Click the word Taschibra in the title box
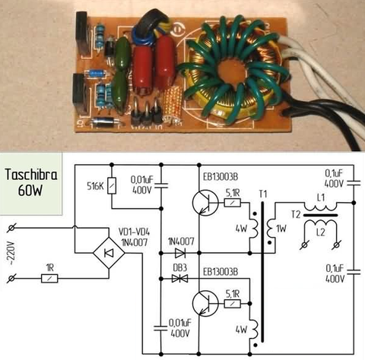[31, 175]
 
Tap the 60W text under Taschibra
[30, 191]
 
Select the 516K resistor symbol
[112, 186]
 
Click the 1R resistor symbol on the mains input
[49, 279]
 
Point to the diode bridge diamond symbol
[109, 253]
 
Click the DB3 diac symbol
[179, 279]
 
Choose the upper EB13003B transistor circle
[205, 203]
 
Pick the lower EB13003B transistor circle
[205, 303]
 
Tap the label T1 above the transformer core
[263, 194]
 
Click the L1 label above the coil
[321, 197]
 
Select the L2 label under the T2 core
[321, 232]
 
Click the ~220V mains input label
[12, 253]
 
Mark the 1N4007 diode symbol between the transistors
[180, 253]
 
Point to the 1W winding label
[281, 229]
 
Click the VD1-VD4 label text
[134, 232]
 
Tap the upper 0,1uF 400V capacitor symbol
[354, 183]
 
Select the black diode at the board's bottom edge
[104, 123]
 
